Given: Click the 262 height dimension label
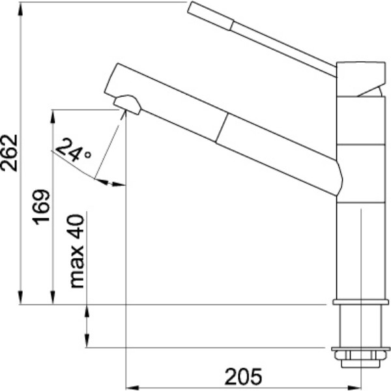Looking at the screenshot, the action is click(x=10, y=153).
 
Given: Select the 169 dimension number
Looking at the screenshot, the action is click(x=42, y=207).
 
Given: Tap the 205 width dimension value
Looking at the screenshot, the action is click(x=243, y=377).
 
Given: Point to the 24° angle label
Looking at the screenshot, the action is click(x=73, y=150).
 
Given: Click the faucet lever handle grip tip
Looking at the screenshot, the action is click(x=210, y=16).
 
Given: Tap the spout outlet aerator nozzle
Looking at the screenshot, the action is click(x=128, y=105).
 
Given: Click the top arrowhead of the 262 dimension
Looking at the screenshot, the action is click(x=21, y=10).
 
